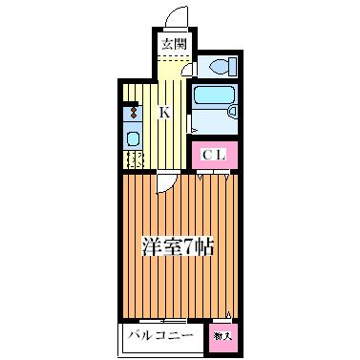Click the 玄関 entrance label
click(172, 45)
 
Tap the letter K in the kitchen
click(164, 113)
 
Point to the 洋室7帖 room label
click(178, 245)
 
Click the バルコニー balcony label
click(159, 337)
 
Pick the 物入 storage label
click(222, 337)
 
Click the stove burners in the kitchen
click(132, 113)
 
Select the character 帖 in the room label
click(202, 245)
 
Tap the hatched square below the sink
click(133, 159)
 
